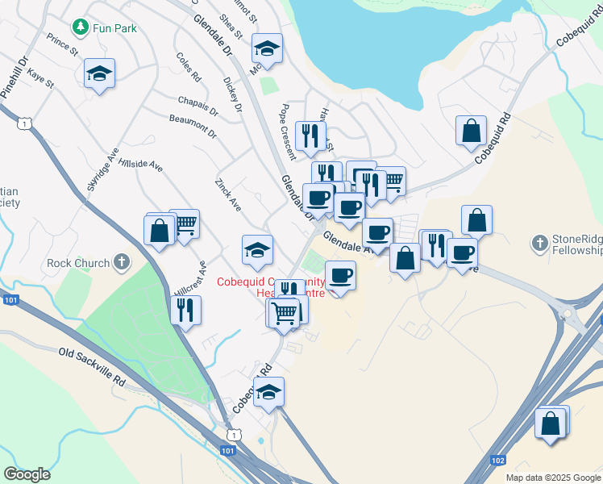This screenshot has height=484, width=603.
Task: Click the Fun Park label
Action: coord(114,28)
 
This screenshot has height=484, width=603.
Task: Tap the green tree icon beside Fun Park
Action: coord(80,28)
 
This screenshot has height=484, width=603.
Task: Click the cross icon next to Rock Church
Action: coord(121,261)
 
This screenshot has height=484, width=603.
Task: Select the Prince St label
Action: coord(62,45)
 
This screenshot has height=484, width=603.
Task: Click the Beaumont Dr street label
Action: coord(193,125)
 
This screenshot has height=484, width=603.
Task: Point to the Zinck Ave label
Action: coord(228,194)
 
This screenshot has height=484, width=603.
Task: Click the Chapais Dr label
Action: coord(198,103)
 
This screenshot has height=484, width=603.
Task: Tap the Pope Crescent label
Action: coord(288,131)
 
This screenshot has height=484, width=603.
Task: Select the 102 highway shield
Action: coord(497,460)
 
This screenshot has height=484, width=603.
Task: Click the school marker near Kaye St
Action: coord(99,74)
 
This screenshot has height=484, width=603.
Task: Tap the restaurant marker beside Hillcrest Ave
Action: coord(185,310)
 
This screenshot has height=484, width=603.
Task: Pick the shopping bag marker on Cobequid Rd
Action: coord(471,131)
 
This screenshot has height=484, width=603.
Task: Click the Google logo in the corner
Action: coord(27,474)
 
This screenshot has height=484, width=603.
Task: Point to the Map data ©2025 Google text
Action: coord(552,478)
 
